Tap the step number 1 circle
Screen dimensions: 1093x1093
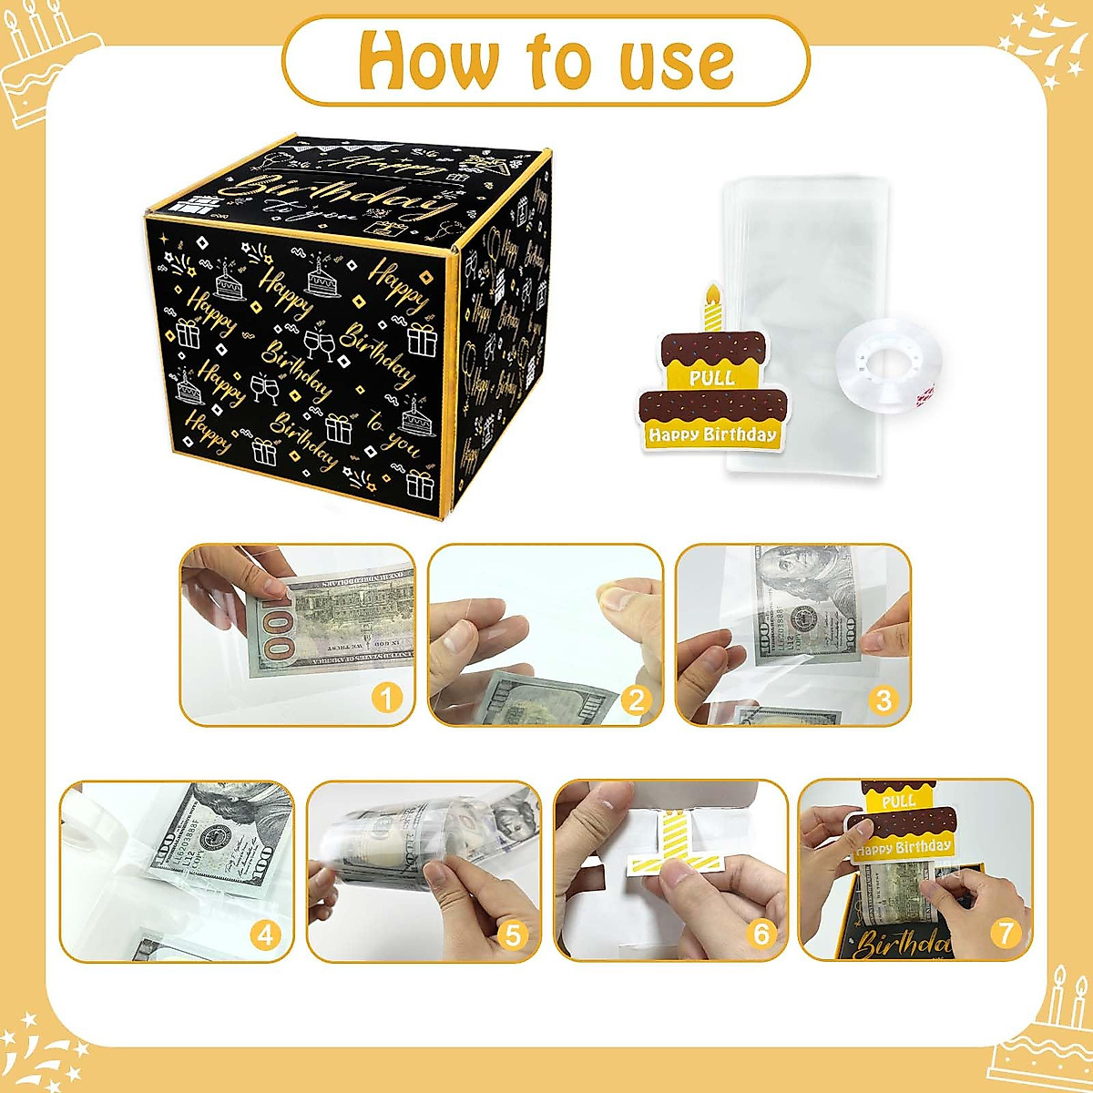[386, 699]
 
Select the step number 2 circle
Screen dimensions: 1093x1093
[635, 700]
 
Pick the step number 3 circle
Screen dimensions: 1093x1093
[883, 700]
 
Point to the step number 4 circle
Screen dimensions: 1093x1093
[265, 935]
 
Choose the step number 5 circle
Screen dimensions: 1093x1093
[513, 935]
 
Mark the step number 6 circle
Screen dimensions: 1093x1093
[761, 934]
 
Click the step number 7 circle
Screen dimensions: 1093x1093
[1006, 933]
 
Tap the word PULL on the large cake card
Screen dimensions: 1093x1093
[711, 377]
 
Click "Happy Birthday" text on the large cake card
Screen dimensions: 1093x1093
[712, 434]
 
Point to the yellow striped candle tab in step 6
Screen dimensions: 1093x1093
[672, 846]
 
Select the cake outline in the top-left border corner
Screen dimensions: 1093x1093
[46, 64]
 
